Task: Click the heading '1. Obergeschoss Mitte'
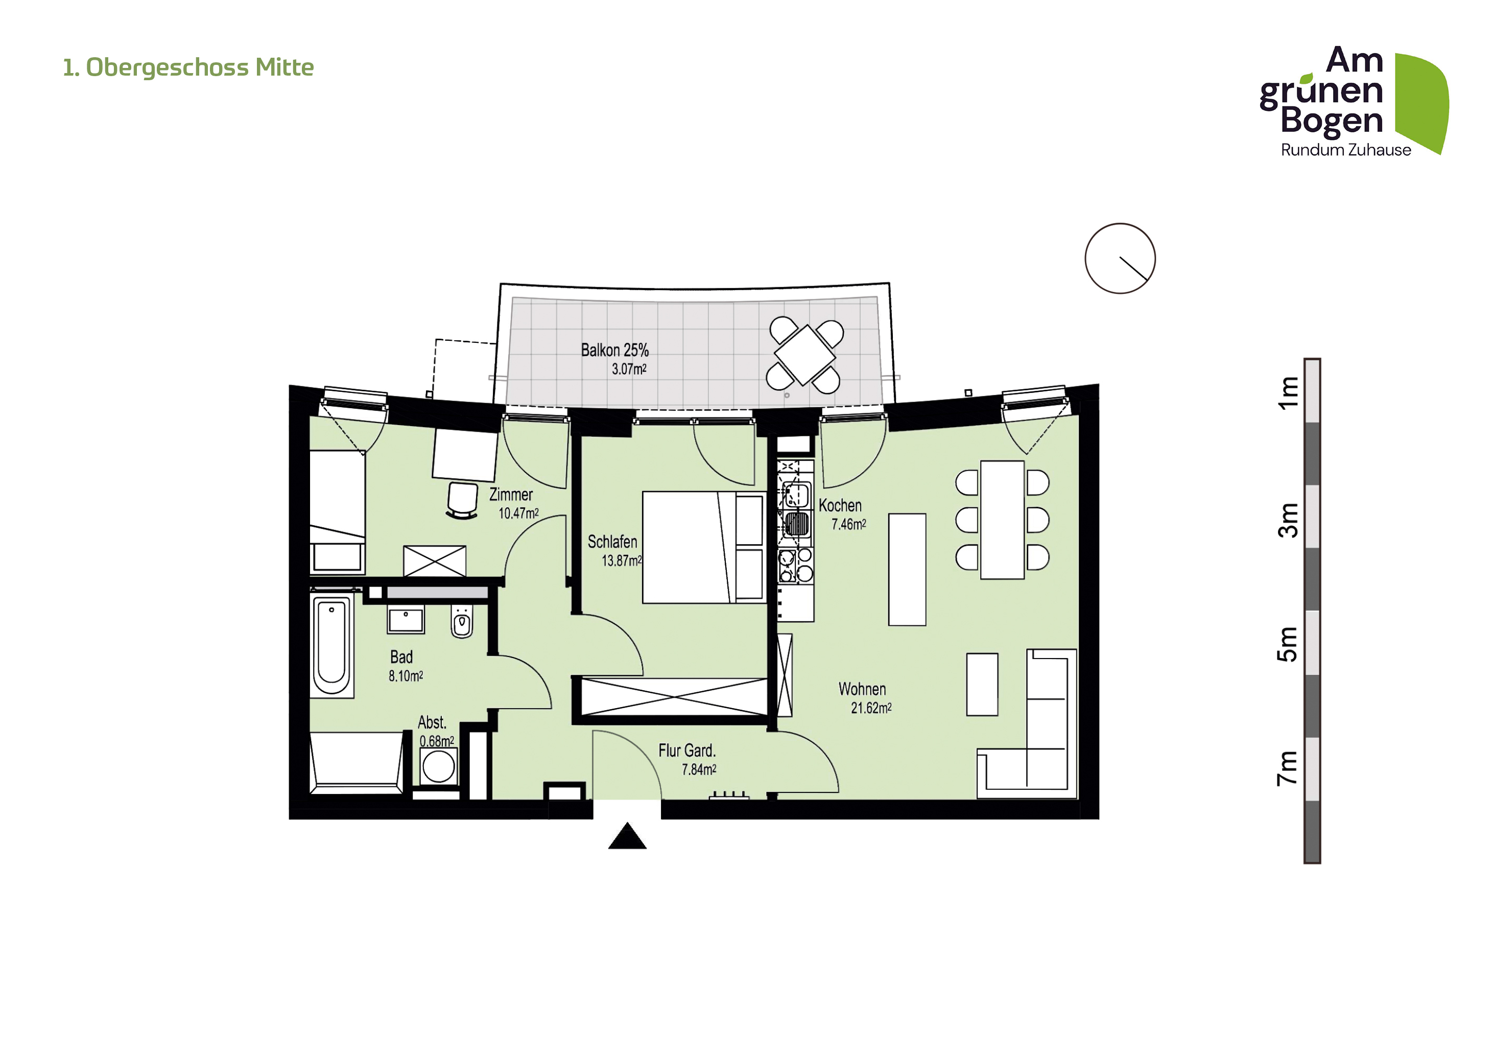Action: tap(188, 67)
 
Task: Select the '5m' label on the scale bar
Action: tap(1288, 644)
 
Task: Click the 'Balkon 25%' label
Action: tap(614, 350)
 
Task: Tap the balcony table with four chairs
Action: tap(805, 355)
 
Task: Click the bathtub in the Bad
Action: tap(331, 645)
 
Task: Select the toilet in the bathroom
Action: tap(462, 621)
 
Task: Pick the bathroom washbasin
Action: tap(406, 619)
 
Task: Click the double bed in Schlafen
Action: tap(704, 547)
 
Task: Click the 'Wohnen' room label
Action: tap(862, 689)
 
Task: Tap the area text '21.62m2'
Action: tap(871, 708)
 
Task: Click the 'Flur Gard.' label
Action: tap(686, 750)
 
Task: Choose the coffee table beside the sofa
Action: tap(982, 685)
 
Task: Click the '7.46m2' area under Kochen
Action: tap(848, 524)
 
